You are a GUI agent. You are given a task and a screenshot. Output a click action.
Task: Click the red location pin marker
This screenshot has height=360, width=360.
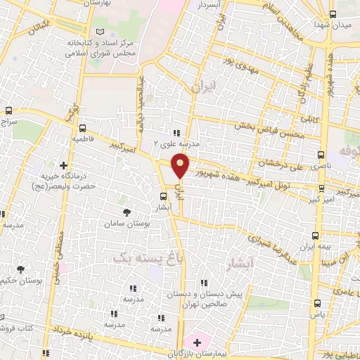(x=181, y=166)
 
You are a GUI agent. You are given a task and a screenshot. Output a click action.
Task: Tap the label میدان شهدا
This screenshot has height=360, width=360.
(x=342, y=24)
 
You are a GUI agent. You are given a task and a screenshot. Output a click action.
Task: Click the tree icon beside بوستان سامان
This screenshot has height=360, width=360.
(x=127, y=212)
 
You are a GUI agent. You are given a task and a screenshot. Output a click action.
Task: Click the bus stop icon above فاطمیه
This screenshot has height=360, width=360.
(x=83, y=128)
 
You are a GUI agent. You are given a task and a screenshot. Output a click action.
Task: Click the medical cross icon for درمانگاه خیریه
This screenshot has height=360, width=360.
(x=63, y=165)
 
